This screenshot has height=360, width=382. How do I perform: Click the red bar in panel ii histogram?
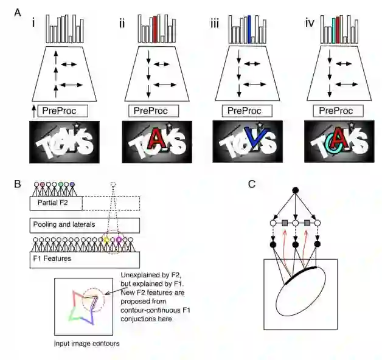click(155, 29)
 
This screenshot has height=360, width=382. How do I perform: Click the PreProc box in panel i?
click(62, 111)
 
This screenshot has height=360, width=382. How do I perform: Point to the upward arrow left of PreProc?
click(32, 111)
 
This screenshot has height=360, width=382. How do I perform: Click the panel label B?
click(16, 182)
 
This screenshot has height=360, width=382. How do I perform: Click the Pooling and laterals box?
click(85, 226)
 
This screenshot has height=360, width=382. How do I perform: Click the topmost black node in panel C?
click(296, 191)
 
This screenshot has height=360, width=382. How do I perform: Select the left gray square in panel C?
click(283, 224)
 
